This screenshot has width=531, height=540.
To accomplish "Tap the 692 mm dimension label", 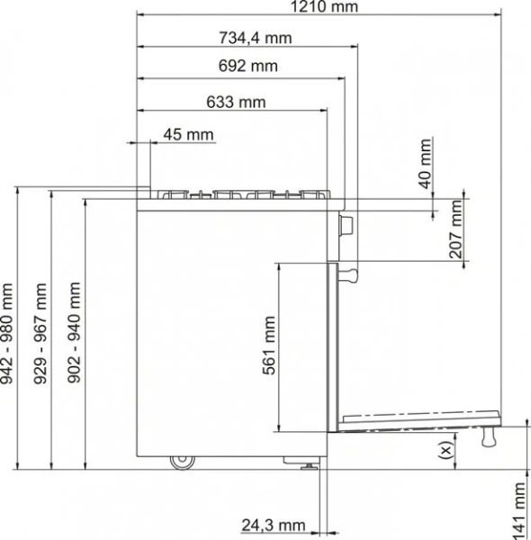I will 247,66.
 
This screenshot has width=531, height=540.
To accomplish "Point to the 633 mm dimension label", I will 236,101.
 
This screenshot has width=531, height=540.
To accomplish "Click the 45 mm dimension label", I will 189,135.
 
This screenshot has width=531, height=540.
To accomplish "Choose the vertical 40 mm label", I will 426,163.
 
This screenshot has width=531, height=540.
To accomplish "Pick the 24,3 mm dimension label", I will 274,526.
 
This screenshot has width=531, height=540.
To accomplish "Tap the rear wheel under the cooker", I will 182,462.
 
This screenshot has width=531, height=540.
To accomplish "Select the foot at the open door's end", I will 490,436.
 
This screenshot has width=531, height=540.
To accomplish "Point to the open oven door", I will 414,421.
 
